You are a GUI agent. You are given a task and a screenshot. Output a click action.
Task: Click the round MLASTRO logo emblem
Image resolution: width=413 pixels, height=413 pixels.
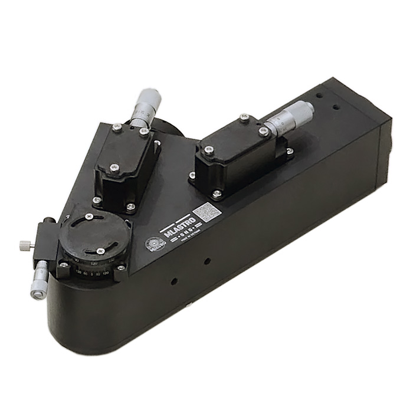coord(152,243)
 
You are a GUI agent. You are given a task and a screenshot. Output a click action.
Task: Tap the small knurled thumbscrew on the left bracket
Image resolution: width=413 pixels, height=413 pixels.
coord(24,245)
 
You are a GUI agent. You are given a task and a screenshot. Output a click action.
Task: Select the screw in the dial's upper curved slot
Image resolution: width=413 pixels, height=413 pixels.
coord(89,217)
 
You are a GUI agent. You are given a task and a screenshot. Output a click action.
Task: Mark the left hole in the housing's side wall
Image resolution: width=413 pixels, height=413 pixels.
coord(172,281)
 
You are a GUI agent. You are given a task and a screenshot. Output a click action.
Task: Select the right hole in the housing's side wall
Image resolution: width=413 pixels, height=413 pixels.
coord(207,260)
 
